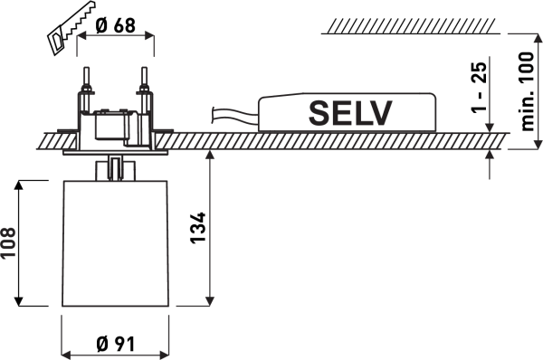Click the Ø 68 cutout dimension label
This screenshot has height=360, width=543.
click(x=115, y=25)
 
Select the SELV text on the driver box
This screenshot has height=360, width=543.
click(x=350, y=113)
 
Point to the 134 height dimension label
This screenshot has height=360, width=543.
click(x=198, y=228)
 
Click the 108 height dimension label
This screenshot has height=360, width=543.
click(x=8, y=242)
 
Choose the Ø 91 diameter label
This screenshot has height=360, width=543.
click(x=115, y=344)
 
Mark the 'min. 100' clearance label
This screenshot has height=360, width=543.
click(x=528, y=91)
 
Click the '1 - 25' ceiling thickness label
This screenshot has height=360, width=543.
click(x=479, y=87)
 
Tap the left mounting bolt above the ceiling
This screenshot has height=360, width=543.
click(x=86, y=90)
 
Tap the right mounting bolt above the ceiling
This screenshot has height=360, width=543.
click(x=145, y=90)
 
